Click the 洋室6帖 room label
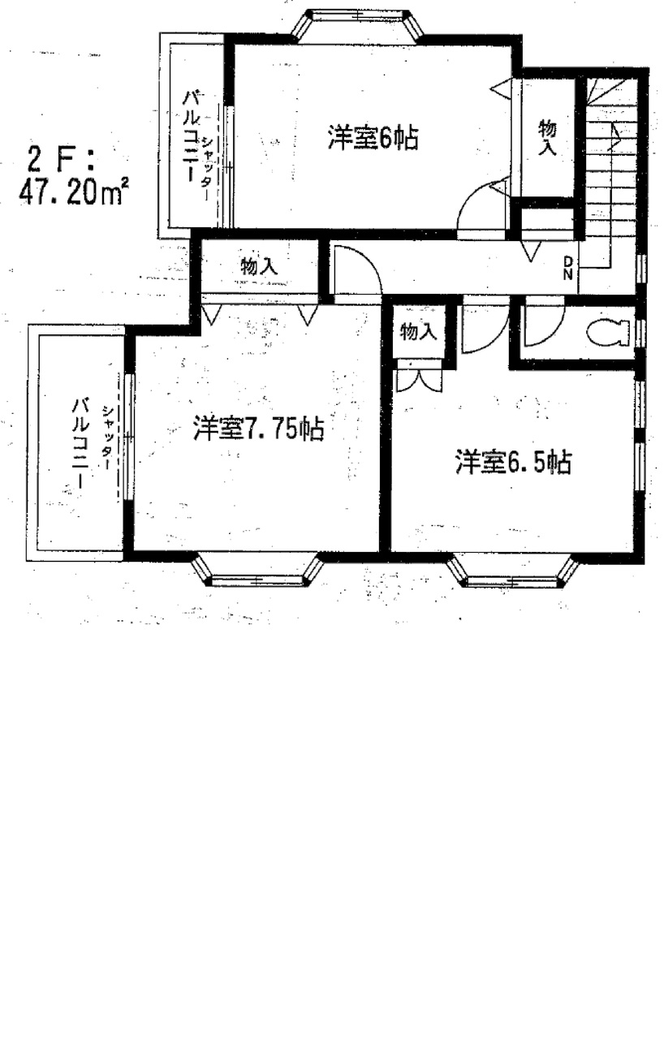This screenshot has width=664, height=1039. coord(373,138)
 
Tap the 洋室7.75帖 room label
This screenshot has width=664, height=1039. coord(258,429)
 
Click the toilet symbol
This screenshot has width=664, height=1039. coord(608,333)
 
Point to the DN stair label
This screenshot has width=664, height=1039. coord(567,269)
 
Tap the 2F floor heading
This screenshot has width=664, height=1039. coord(61,160)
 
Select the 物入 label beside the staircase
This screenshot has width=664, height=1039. coord(546,138)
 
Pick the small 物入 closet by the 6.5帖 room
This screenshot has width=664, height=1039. coord(418,332)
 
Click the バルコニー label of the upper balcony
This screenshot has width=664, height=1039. coord(192,137)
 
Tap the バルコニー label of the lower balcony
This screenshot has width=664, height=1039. coord(78,443)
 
